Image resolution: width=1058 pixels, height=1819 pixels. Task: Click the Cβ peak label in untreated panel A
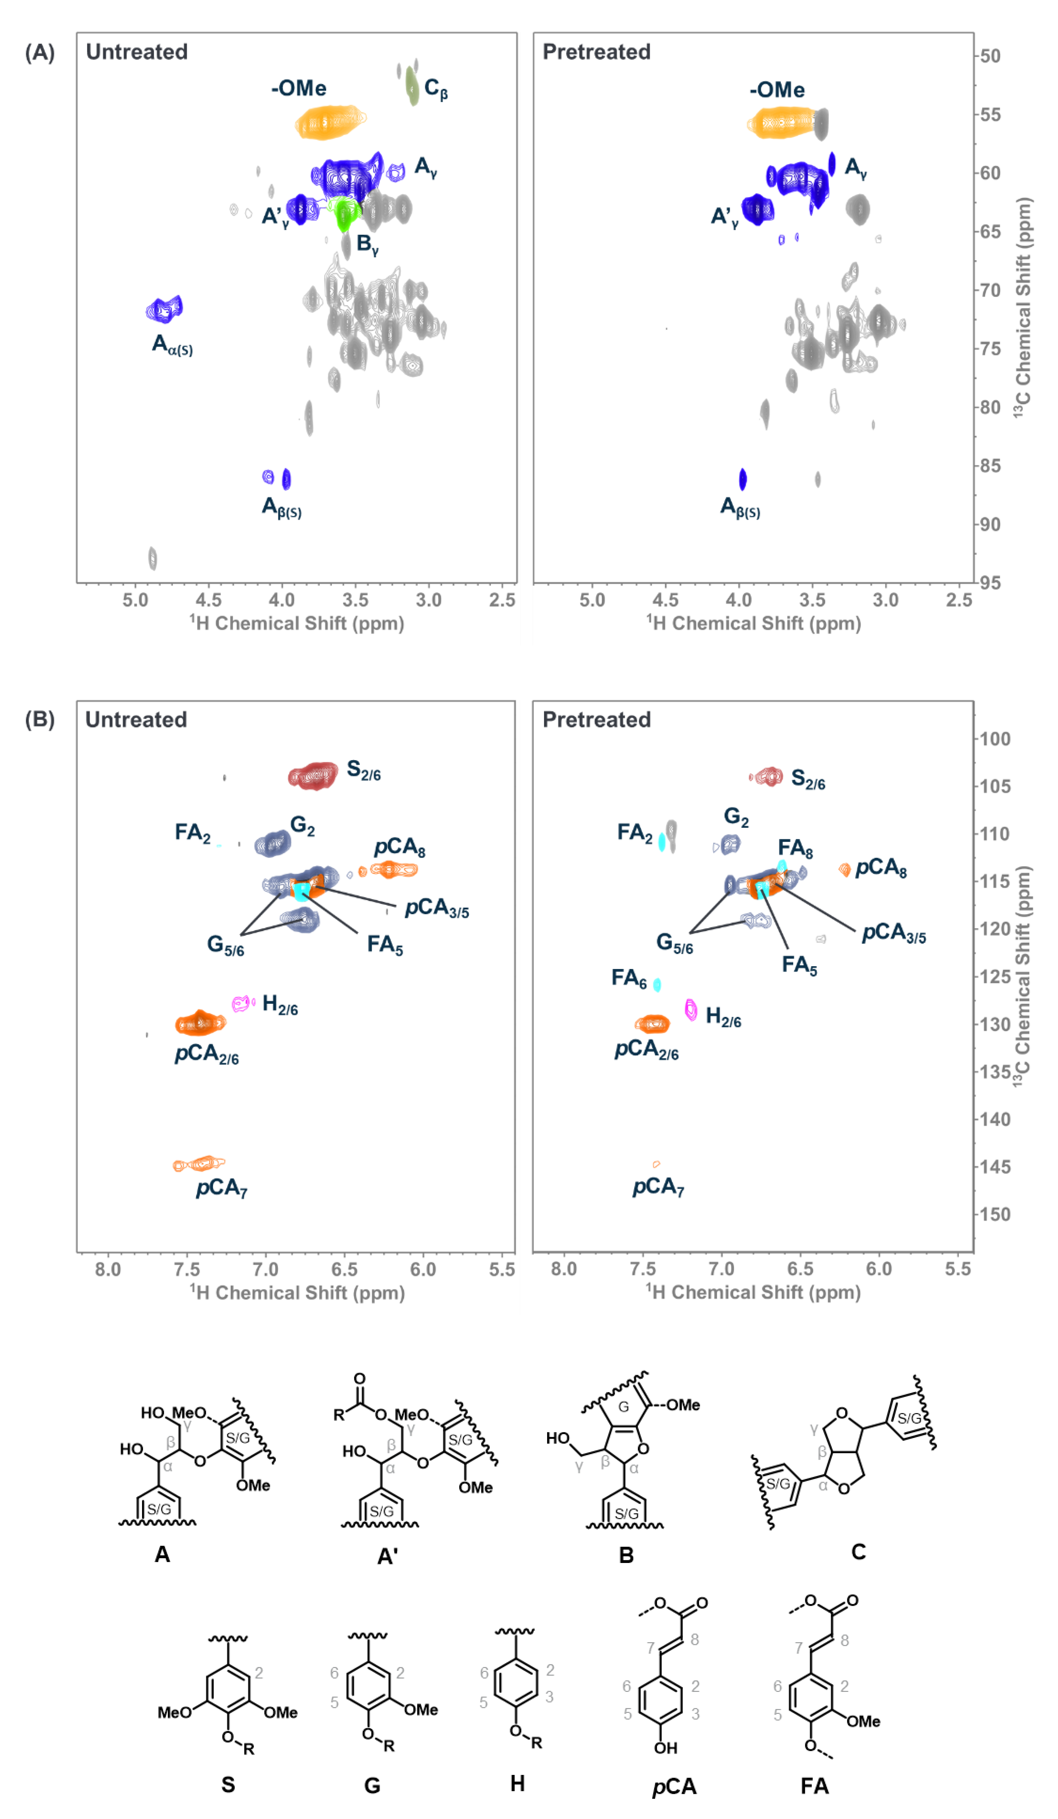click(x=435, y=89)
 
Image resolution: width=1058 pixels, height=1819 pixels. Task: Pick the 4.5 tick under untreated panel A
click(x=209, y=600)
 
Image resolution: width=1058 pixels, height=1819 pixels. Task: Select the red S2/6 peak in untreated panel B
click(x=313, y=776)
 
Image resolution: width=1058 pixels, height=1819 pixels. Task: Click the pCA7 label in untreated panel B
click(x=222, y=1188)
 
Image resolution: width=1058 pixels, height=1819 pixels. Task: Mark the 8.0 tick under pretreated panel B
click(x=564, y=1269)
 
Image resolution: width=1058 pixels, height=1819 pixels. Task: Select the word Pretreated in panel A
click(x=596, y=52)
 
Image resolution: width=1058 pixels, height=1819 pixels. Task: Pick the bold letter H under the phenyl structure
click(x=517, y=1784)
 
